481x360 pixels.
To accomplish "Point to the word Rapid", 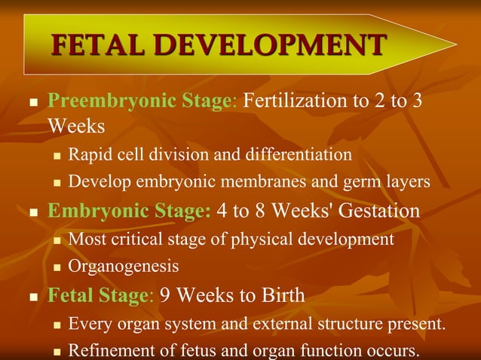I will pos(88,155).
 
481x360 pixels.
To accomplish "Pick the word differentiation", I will pos(298,155).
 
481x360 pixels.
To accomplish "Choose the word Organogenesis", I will pos(124,267).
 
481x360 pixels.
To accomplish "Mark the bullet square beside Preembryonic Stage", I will pos(32,103).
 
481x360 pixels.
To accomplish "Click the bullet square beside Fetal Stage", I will pos(32,297).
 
